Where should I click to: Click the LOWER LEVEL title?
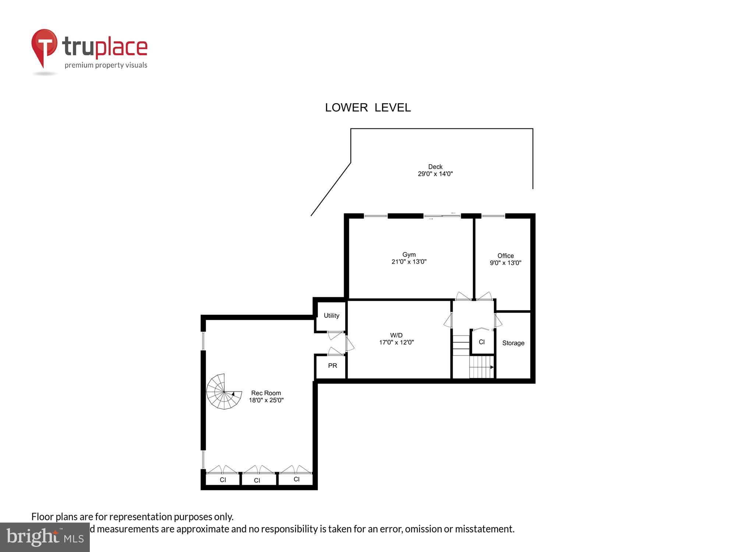[x=368, y=107]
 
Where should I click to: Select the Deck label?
[x=435, y=167]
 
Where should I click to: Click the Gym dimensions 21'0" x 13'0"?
[x=409, y=262]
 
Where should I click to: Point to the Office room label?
[x=505, y=256]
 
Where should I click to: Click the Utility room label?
[x=331, y=315]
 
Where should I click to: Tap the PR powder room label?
[x=332, y=365]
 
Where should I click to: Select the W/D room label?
[x=396, y=335]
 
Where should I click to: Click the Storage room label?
[x=513, y=343]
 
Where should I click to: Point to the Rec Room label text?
[x=266, y=393]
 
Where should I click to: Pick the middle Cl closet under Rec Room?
[x=257, y=480]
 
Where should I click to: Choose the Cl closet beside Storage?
[x=481, y=342]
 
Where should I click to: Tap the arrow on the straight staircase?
[x=491, y=367]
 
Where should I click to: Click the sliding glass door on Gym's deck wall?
[x=442, y=216]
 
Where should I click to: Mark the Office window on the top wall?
[x=493, y=216]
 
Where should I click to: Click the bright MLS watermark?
[x=45, y=537]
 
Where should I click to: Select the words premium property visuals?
[x=106, y=65]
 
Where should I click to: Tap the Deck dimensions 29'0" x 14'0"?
[x=435, y=174]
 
